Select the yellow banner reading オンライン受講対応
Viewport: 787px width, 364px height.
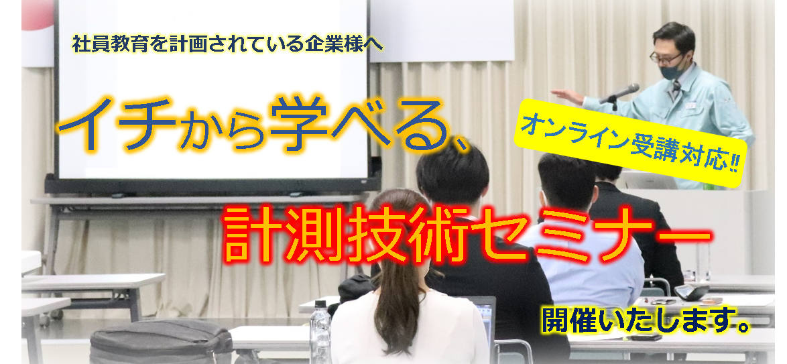pyautogui.click(x=631, y=143)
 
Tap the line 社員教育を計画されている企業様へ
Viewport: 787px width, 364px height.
pyautogui.click(x=227, y=44)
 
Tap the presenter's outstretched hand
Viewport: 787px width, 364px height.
pyautogui.click(x=565, y=96)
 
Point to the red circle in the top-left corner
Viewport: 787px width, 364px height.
pyautogui.click(x=37, y=13)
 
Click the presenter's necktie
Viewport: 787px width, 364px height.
pyautogui.click(x=676, y=90)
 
